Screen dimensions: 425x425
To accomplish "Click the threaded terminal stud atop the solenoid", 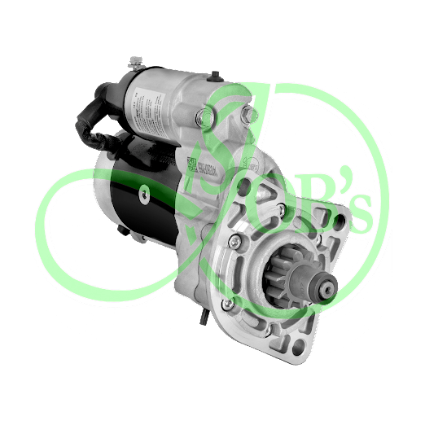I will [x=134, y=60].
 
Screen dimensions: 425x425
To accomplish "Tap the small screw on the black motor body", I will [x=144, y=193].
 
